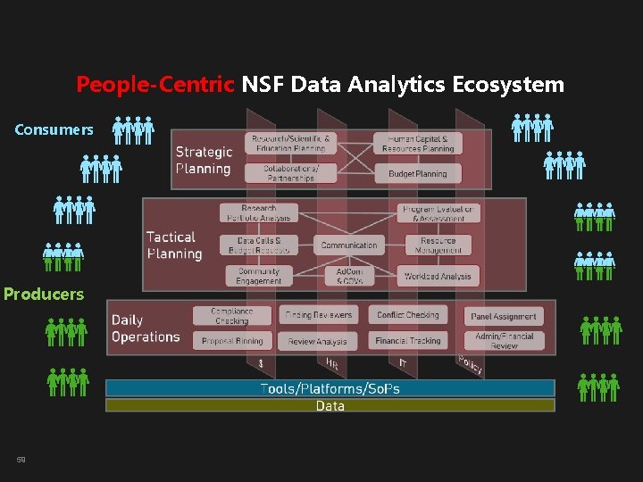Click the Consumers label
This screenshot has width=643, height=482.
tap(54, 129)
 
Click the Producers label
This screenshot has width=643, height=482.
tap(44, 294)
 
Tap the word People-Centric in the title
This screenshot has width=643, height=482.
tap(155, 85)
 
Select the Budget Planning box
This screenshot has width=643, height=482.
tap(418, 174)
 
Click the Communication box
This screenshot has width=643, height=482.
tap(349, 245)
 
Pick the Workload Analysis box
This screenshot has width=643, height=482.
tap(438, 276)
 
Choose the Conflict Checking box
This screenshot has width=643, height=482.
tap(408, 315)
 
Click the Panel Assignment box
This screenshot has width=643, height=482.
tap(504, 316)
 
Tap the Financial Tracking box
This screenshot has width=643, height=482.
tap(408, 340)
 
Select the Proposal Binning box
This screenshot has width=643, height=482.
tap(232, 340)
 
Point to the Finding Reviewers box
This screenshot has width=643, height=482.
tap(319, 315)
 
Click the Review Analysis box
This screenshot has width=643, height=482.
tap(318, 341)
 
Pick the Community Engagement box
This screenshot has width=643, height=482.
tap(258, 276)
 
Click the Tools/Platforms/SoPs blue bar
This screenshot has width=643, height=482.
tap(330, 388)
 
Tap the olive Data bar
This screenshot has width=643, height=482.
tap(330, 406)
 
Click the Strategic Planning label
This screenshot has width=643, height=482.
tap(204, 161)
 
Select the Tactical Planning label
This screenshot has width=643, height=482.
tap(174, 245)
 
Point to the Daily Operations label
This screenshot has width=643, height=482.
tap(145, 328)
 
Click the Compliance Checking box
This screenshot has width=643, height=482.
tap(231, 315)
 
